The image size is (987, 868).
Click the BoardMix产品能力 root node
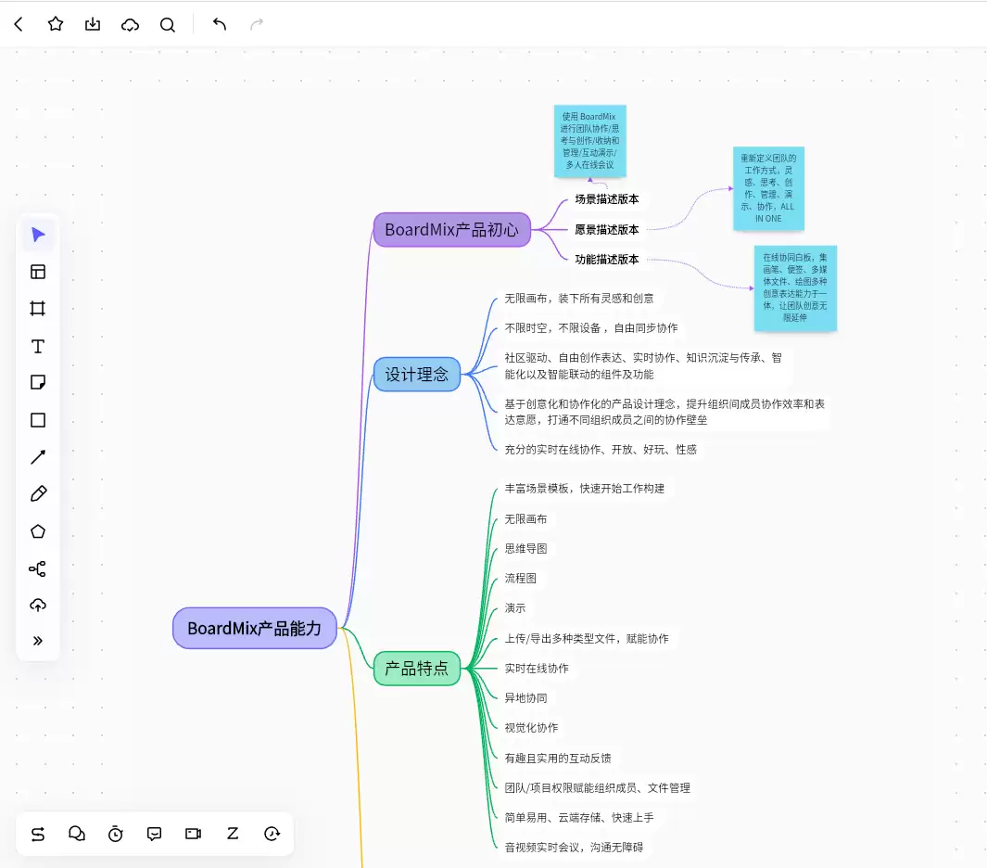click(x=254, y=628)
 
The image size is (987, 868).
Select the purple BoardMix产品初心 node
click(x=452, y=230)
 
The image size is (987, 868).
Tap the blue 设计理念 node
click(x=417, y=374)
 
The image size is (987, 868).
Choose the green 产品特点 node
click(x=417, y=669)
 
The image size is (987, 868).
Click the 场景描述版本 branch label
click(x=607, y=199)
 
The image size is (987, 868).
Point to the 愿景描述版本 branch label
click(x=607, y=229)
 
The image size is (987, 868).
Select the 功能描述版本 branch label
click(x=607, y=259)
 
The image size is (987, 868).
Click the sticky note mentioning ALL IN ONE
click(x=768, y=188)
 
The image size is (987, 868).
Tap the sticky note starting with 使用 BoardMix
click(x=589, y=141)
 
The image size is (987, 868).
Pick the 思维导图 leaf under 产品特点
click(x=525, y=549)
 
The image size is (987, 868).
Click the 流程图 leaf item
click(x=521, y=579)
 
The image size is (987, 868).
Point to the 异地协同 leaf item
click(x=525, y=698)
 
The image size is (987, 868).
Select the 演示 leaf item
click(x=515, y=607)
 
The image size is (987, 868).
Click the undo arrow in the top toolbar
click(x=219, y=24)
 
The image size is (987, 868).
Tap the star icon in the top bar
click(x=56, y=24)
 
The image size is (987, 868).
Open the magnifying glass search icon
click(x=168, y=24)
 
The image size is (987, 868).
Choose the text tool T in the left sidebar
click(x=38, y=347)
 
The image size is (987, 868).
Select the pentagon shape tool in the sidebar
click(x=38, y=531)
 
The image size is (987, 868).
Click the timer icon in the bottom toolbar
click(x=115, y=834)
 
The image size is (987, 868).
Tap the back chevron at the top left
click(x=19, y=24)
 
